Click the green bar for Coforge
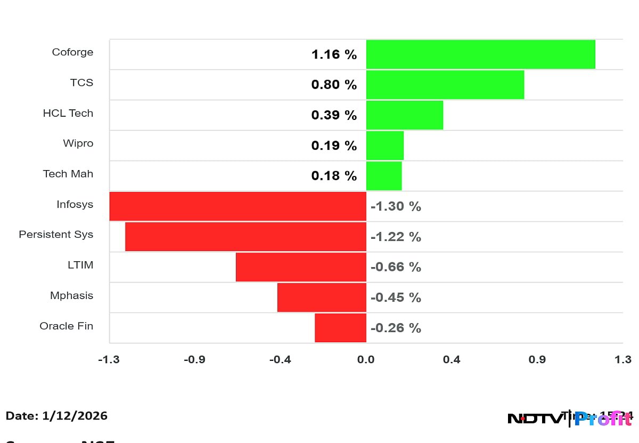point(480,54)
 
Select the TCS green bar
point(445,85)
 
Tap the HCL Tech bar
point(404,115)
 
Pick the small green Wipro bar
point(384,146)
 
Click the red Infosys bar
point(237,206)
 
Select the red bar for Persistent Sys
point(245,237)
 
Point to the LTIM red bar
point(301,267)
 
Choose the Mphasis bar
point(322,297)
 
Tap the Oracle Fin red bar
point(340,328)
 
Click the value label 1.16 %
point(334,54)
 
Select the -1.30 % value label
point(395,206)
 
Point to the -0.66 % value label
point(395,267)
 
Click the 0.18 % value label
point(334,176)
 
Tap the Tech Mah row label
point(68,174)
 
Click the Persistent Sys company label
point(56,235)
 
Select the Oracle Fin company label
point(66,326)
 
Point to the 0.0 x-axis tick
point(366,360)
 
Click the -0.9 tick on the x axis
point(194,360)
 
